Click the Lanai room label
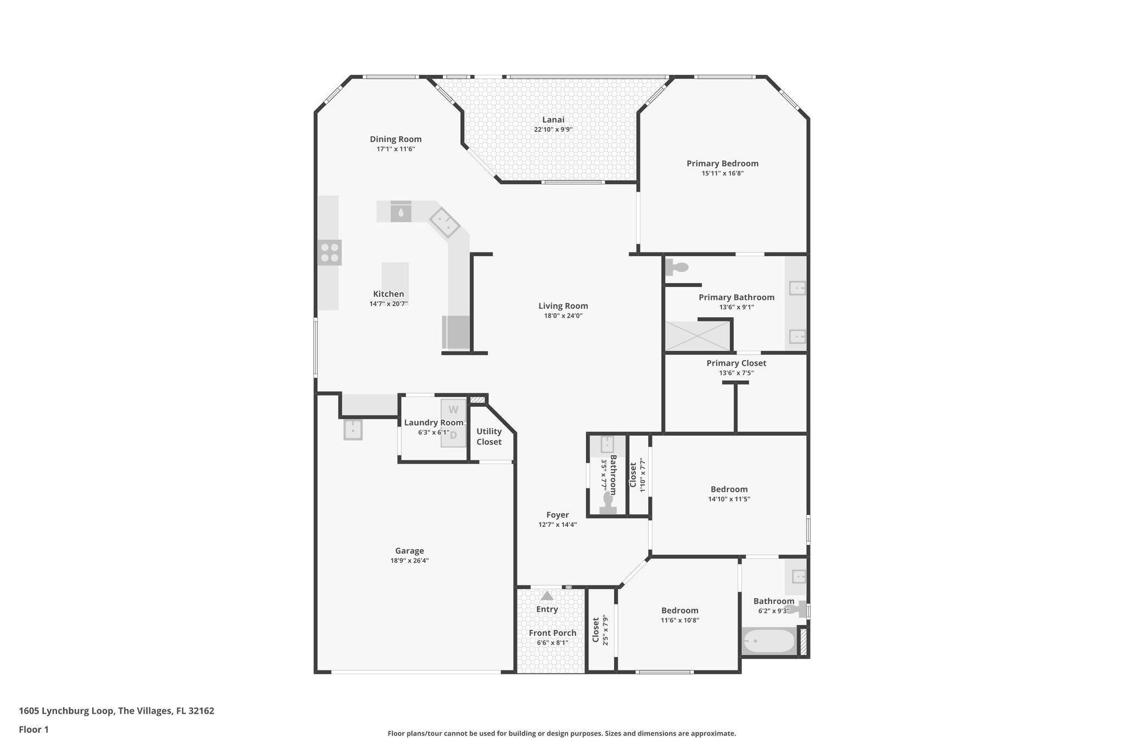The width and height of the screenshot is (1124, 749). (553, 120)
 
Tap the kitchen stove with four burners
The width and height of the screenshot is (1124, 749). (329, 252)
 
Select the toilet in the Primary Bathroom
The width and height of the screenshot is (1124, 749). (677, 268)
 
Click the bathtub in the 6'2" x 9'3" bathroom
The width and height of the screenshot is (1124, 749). (768, 641)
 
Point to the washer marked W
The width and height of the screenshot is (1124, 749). (453, 410)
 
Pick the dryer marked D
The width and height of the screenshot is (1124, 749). (453, 436)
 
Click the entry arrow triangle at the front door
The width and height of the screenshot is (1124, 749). (547, 595)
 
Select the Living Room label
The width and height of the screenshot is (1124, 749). (563, 306)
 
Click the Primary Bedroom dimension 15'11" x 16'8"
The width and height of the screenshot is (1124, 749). (722, 173)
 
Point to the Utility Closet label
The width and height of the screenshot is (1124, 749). (488, 437)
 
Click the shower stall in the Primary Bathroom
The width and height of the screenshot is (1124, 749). (698, 336)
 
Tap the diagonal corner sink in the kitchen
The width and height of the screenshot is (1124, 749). (444, 222)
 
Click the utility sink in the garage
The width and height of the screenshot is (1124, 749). (352, 429)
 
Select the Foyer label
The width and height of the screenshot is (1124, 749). (557, 515)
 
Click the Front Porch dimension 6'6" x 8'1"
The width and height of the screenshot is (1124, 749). (552, 643)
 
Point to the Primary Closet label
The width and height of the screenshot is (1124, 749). (736, 363)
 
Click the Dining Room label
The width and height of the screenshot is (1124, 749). (396, 139)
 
